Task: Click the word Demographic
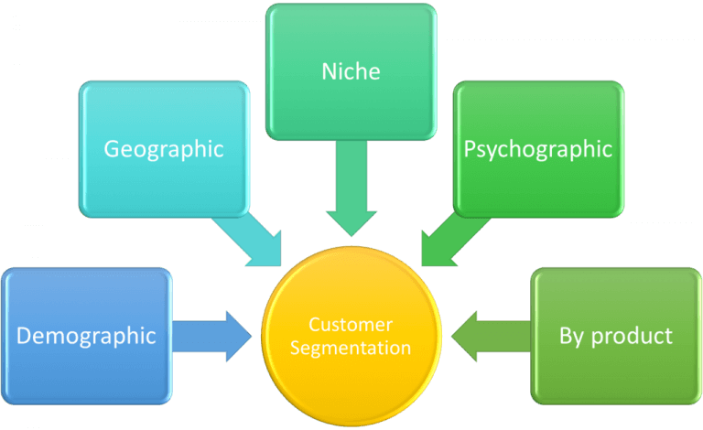(86, 336)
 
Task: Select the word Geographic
(164, 149)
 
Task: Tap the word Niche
(351, 70)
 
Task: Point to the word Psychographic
(538, 149)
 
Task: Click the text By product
(615, 336)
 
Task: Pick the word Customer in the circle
(351, 325)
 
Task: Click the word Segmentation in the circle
(351, 348)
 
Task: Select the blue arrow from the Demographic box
(212, 334)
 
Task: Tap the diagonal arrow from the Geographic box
(248, 240)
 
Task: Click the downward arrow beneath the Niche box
(351, 188)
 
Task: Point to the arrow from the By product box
(492, 334)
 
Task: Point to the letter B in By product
(566, 336)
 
